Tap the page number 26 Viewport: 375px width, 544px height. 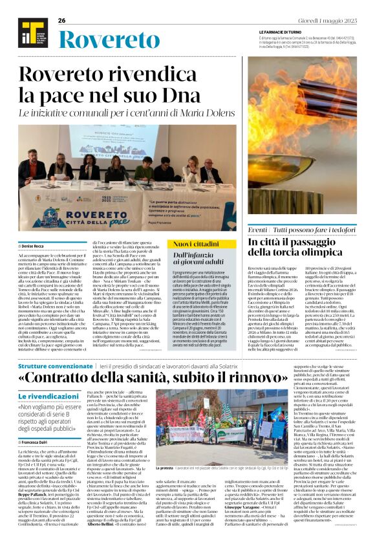(x=62, y=21)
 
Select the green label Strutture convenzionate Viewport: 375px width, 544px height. (x=55, y=367)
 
